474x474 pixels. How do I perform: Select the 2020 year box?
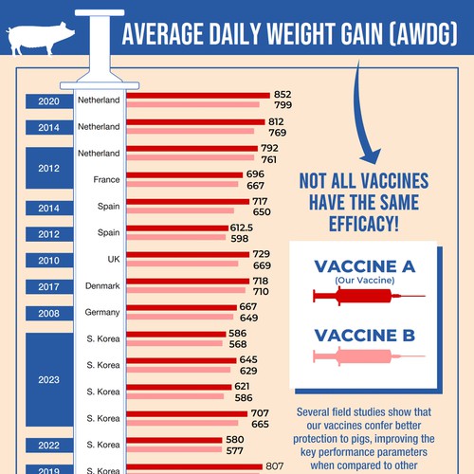pos(48,100)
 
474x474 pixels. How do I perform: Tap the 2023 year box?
pos(48,378)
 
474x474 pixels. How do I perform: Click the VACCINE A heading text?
pos(364,266)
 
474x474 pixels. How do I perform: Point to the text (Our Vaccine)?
pos(364,281)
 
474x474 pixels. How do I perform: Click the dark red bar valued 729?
pos(188,254)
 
